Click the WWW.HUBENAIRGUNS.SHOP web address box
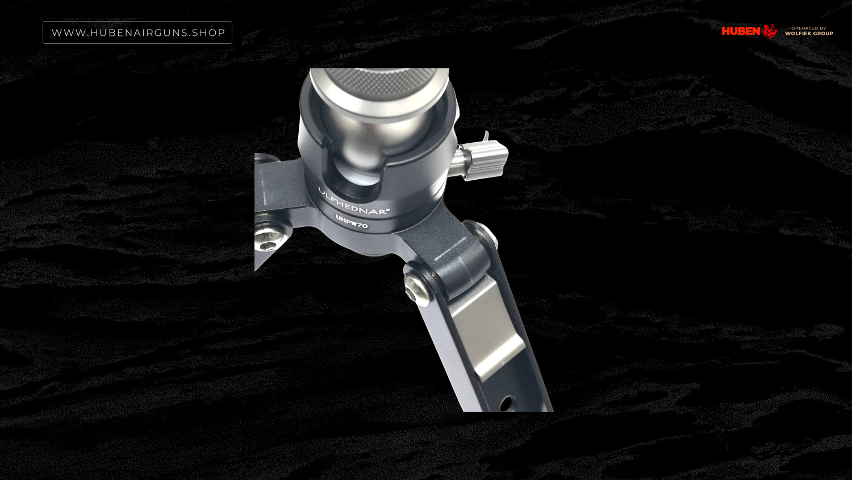tap(137, 32)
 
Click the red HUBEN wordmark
tap(741, 31)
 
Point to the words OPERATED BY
tap(809, 28)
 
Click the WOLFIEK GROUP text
tap(809, 34)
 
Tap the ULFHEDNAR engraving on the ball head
tap(353, 202)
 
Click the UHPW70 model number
tap(352, 222)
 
